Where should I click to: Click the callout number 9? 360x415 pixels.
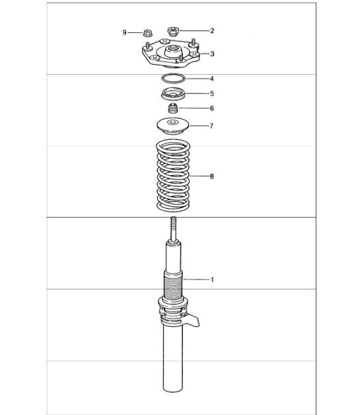coord(124,32)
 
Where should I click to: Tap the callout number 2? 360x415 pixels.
coord(212,30)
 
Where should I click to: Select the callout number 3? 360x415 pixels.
coord(212,54)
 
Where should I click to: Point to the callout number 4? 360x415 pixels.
coord(212,79)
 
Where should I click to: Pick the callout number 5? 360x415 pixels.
coord(212,93)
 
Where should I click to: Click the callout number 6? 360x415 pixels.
coord(212,108)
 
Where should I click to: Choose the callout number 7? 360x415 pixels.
coord(211,126)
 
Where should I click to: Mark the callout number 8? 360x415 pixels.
coord(211,176)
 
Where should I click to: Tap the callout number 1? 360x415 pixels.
coord(212,280)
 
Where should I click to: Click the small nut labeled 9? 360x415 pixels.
coord(146,33)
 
